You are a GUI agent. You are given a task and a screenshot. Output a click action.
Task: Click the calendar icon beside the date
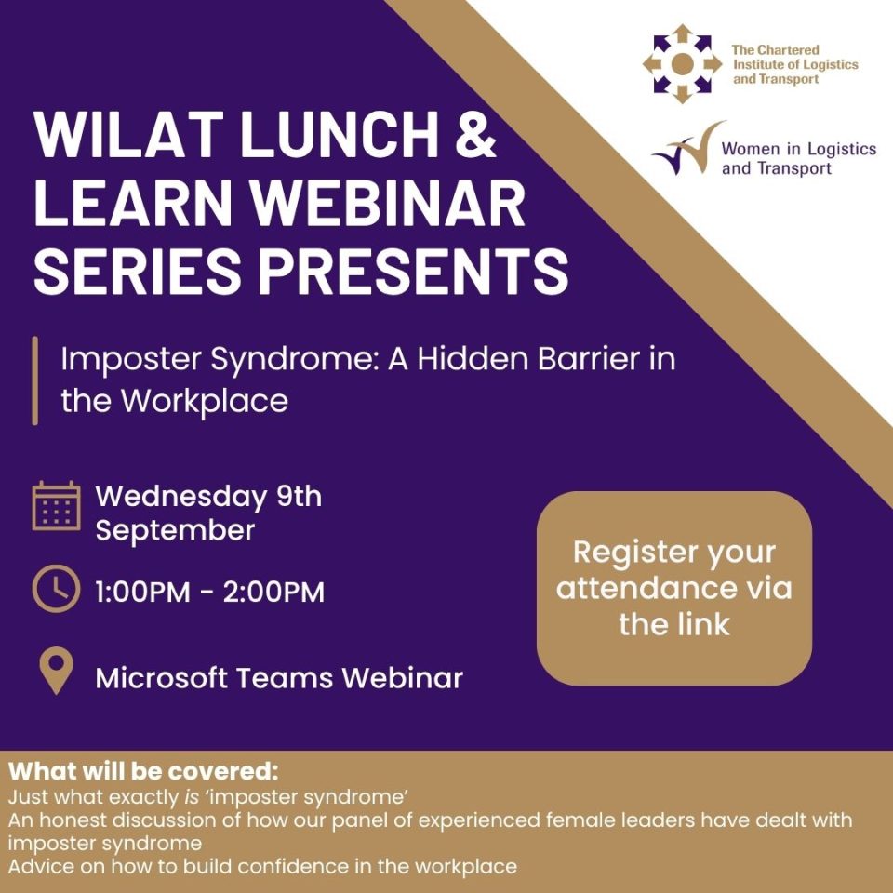(56, 506)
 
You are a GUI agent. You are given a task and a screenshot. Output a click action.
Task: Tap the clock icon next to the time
(56, 589)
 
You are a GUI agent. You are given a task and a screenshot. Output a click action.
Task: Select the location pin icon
(56, 671)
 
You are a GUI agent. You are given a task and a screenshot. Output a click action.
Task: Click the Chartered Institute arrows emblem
(682, 64)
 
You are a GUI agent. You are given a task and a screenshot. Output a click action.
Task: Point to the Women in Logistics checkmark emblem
(689, 149)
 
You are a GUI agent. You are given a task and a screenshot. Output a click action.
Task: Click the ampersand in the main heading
(475, 134)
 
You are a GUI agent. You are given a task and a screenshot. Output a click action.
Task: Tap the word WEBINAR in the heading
(389, 203)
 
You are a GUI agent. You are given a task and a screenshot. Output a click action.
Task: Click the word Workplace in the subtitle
(205, 402)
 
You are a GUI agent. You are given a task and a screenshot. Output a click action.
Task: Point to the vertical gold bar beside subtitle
(35, 380)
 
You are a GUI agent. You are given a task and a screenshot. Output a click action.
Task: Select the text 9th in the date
(300, 496)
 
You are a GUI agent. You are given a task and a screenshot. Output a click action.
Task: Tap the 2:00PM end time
(273, 592)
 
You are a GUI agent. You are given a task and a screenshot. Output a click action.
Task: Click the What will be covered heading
(143, 771)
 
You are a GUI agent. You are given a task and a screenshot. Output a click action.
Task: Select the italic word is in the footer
(192, 797)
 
